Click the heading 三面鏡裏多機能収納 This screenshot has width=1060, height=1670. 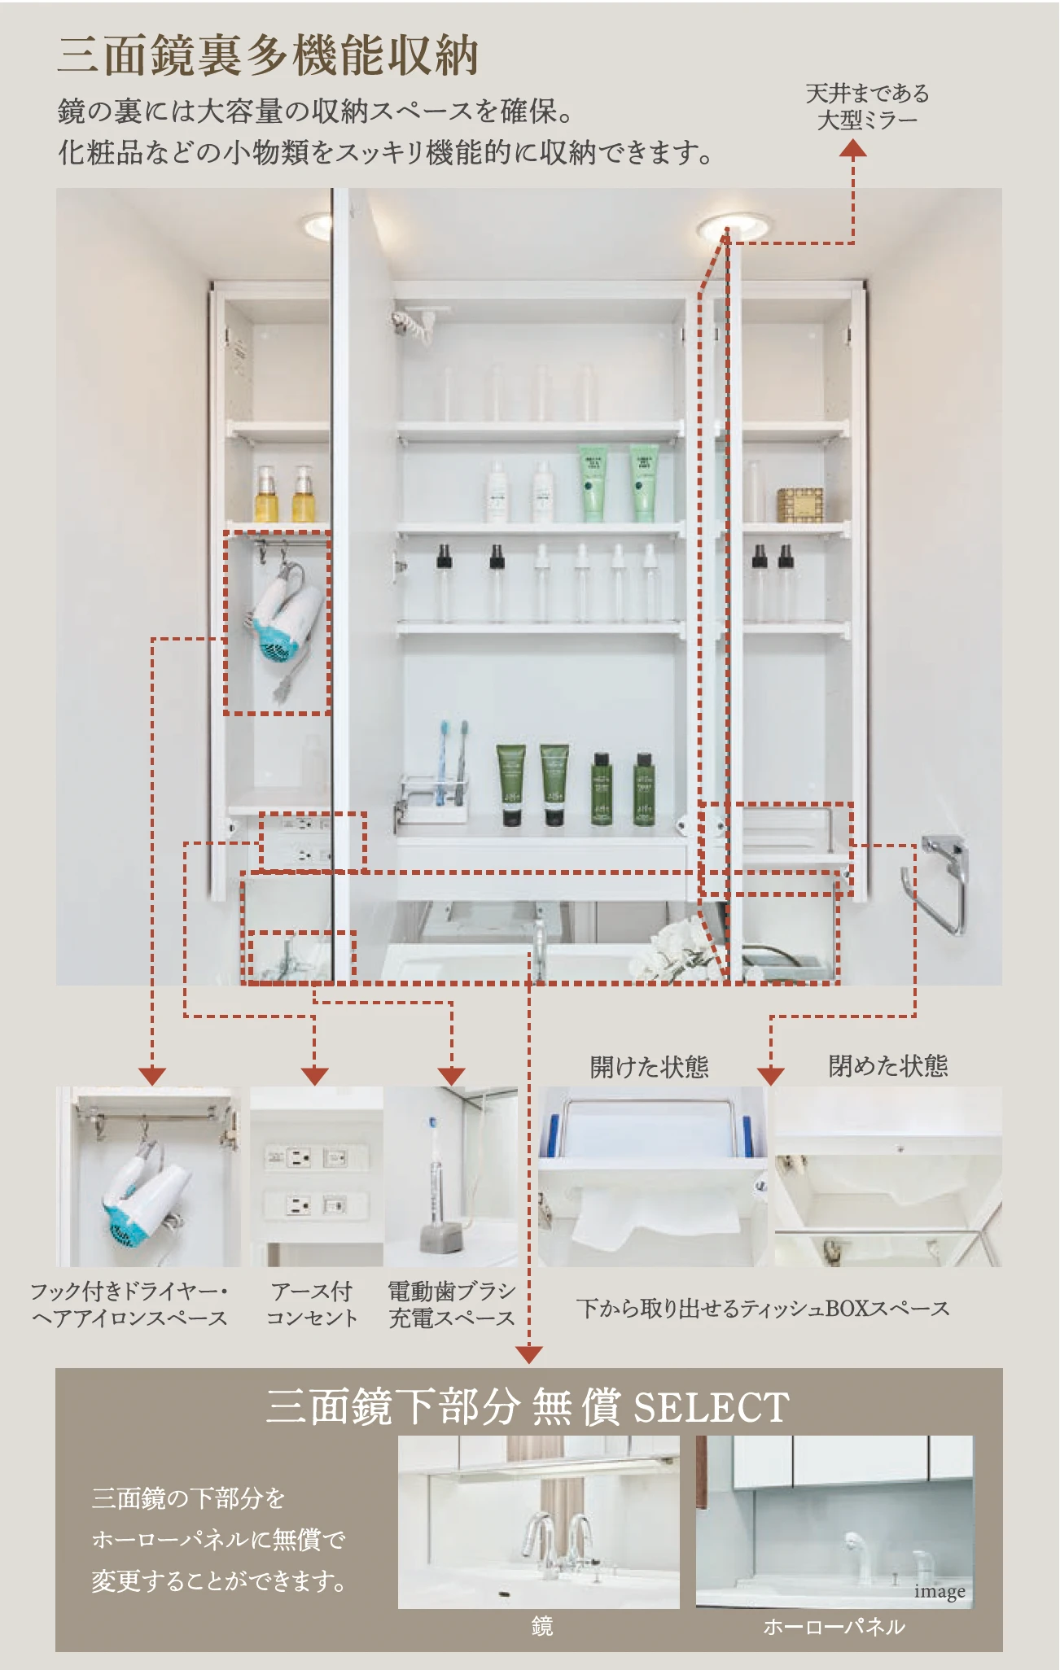pyautogui.click(x=268, y=55)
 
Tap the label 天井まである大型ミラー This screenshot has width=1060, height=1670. pyautogui.click(x=867, y=107)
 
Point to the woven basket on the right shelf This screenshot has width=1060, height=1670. pyautogui.click(x=799, y=505)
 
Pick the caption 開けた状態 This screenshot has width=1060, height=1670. pyautogui.click(x=649, y=1066)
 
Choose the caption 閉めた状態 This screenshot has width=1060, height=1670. pyautogui.click(x=888, y=1065)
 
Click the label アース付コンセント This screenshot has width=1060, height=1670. pyautogui.click(x=313, y=1305)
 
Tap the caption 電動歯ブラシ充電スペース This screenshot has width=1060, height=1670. pyautogui.click(x=452, y=1305)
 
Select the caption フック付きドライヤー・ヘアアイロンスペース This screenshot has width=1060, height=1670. pyautogui.click(x=129, y=1305)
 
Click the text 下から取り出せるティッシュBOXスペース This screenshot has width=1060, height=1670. pyautogui.click(x=763, y=1309)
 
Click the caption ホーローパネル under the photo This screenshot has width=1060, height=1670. pyautogui.click(x=834, y=1626)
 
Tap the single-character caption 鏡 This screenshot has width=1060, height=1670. pyautogui.click(x=542, y=1625)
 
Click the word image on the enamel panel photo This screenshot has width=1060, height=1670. pyautogui.click(x=940, y=1591)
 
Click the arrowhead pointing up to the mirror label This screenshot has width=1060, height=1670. pyautogui.click(x=853, y=147)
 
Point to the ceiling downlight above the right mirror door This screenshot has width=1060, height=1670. pyautogui.click(x=733, y=226)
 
